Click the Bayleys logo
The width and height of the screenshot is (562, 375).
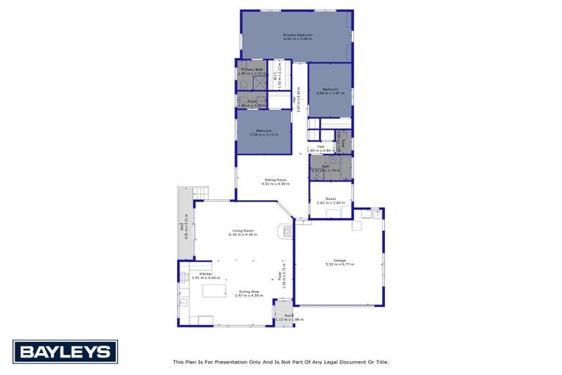point(64,352)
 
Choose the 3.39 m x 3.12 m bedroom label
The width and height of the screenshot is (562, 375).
point(264,133)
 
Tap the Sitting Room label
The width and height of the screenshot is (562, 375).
point(270,181)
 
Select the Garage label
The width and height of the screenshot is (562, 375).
point(340,261)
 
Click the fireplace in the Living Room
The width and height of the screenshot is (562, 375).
point(287,231)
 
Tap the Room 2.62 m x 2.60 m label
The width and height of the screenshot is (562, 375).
point(331,200)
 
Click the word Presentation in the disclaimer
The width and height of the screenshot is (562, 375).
point(222,362)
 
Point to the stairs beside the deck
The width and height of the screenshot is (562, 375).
point(201,193)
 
